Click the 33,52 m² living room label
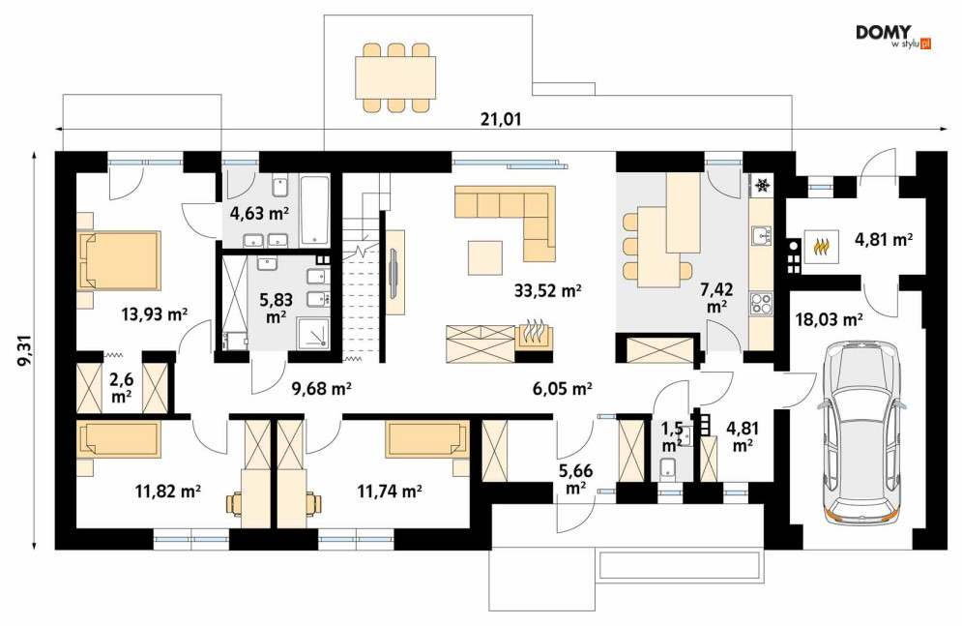(547, 290)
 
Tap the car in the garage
(861, 432)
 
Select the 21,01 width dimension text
(501, 119)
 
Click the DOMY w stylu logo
(893, 37)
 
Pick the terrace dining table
(395, 77)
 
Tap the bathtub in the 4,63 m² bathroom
(315, 211)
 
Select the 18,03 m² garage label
(829, 319)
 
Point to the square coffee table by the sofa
(484, 257)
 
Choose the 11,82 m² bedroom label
(168, 491)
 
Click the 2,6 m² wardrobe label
(122, 388)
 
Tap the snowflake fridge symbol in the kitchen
(763, 185)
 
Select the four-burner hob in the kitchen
(761, 303)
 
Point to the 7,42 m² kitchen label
(716, 298)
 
